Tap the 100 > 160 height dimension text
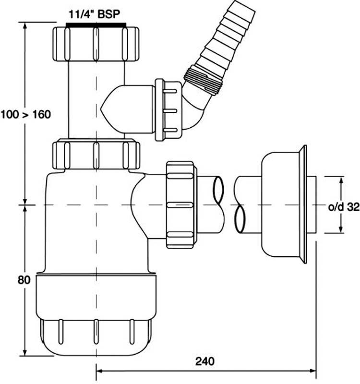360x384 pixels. pos(25,115)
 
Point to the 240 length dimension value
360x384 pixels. pos(205,360)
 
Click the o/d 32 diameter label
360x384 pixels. pos(344,207)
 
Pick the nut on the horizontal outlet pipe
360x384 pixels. pos(180,205)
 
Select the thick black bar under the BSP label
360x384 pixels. pos(96,24)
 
